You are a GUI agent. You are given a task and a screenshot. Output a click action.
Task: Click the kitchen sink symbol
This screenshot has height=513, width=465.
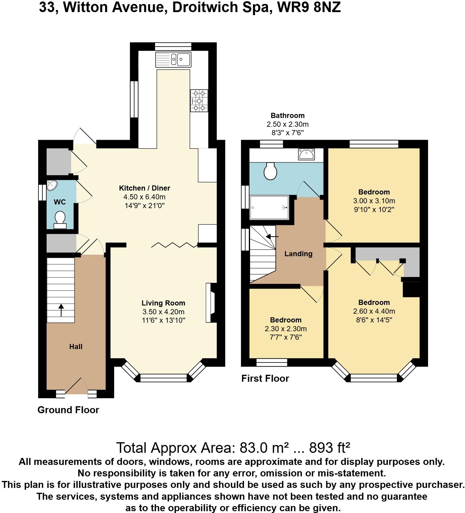click(173, 59)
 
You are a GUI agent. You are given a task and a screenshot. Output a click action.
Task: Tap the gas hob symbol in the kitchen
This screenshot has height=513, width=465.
click(199, 101)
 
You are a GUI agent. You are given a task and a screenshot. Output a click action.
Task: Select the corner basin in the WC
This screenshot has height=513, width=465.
click(51, 185)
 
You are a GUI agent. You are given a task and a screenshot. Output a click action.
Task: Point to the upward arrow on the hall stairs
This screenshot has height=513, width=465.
click(61, 310)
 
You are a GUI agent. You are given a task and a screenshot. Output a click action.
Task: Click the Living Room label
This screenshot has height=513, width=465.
click(163, 303)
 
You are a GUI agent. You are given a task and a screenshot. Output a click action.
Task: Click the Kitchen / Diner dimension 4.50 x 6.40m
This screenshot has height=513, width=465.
click(144, 197)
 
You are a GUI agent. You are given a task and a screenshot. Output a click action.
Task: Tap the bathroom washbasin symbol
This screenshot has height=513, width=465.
click(306, 154)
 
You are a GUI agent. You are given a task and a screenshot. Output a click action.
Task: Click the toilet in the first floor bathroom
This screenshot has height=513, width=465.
click(270, 171)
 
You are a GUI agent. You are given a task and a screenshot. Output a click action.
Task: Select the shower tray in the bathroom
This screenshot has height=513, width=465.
click(269, 207)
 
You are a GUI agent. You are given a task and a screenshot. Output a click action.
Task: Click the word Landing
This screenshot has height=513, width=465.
click(298, 253)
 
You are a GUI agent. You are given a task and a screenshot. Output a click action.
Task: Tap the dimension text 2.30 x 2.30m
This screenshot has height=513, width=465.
click(285, 328)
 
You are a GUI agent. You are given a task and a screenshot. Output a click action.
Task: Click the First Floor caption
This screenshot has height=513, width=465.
click(265, 378)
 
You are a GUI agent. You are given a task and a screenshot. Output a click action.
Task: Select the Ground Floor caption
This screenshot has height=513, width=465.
click(68, 410)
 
